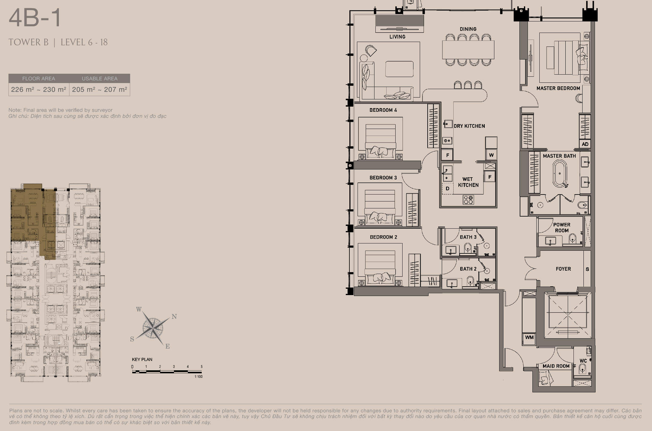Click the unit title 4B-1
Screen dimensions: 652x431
coord(35,18)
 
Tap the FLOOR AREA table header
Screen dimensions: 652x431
coord(39,79)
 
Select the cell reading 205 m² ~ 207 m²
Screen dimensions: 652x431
coord(100,89)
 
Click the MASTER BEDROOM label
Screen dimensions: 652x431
coord(558,88)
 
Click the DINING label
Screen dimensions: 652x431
coord(468,29)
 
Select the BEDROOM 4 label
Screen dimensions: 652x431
coord(383,110)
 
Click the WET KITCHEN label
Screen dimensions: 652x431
coord(468,182)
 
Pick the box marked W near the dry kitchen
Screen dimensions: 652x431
coord(491,155)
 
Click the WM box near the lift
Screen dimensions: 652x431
coord(529,338)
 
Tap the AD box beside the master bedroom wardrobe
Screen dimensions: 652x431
coord(585,144)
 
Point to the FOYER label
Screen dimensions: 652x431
coord(563,269)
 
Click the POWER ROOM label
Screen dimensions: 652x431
coord(562,227)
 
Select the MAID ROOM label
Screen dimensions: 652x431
coord(556,366)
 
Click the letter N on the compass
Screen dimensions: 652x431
coord(174,317)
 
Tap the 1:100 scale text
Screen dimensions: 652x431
coord(198,377)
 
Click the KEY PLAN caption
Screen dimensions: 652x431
coord(142,359)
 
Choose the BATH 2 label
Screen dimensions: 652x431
coord(468,269)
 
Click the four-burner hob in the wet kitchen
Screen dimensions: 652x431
coord(468,200)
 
